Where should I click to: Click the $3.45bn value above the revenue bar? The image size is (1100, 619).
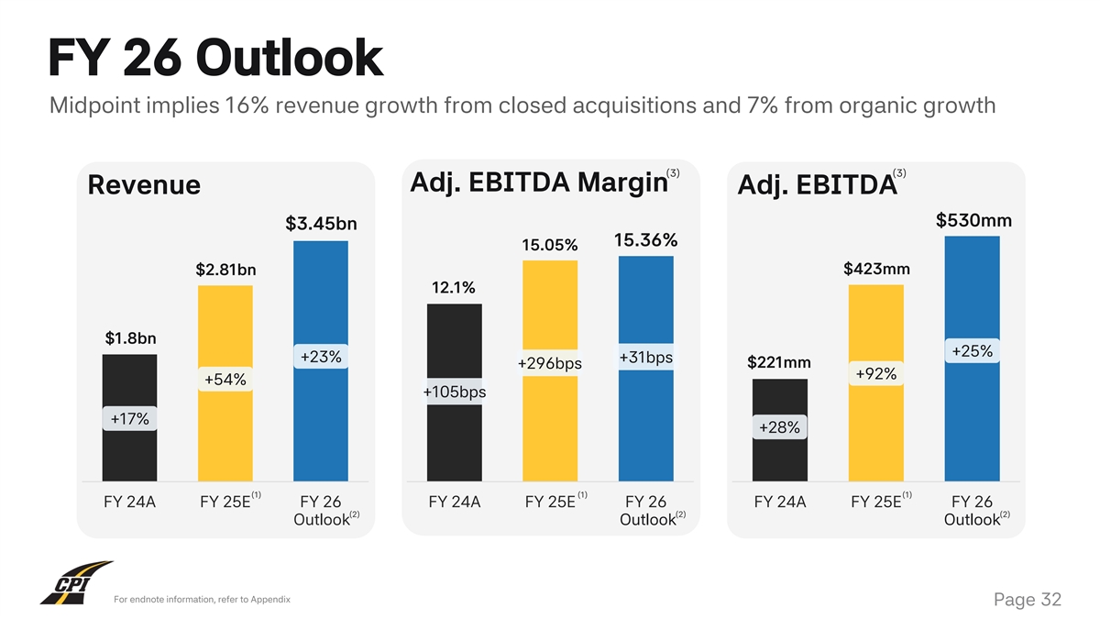[321, 224]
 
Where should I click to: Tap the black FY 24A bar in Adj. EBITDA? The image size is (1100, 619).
[780, 459]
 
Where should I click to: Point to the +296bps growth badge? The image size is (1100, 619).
[550, 364]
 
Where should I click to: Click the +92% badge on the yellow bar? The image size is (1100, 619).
[875, 373]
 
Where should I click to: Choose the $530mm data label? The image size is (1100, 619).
[973, 220]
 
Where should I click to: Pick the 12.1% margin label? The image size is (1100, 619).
[454, 287]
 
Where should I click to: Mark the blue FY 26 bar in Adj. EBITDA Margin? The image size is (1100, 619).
[646, 422]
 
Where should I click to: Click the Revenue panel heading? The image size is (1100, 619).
[144, 185]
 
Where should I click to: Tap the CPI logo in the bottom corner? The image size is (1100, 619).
[76, 583]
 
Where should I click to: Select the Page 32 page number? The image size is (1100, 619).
[1028, 600]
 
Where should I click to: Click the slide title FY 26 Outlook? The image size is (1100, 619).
[215, 58]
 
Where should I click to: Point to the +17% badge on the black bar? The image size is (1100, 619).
[129, 419]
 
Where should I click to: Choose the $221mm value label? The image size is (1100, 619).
[780, 362]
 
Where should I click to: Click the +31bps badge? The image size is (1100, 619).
[646, 357]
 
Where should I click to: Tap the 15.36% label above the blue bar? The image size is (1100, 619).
[645, 240]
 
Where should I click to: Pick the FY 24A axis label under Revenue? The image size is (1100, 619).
[129, 502]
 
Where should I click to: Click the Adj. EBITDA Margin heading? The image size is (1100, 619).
[535, 182]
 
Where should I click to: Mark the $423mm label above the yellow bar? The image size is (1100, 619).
[876, 269]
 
